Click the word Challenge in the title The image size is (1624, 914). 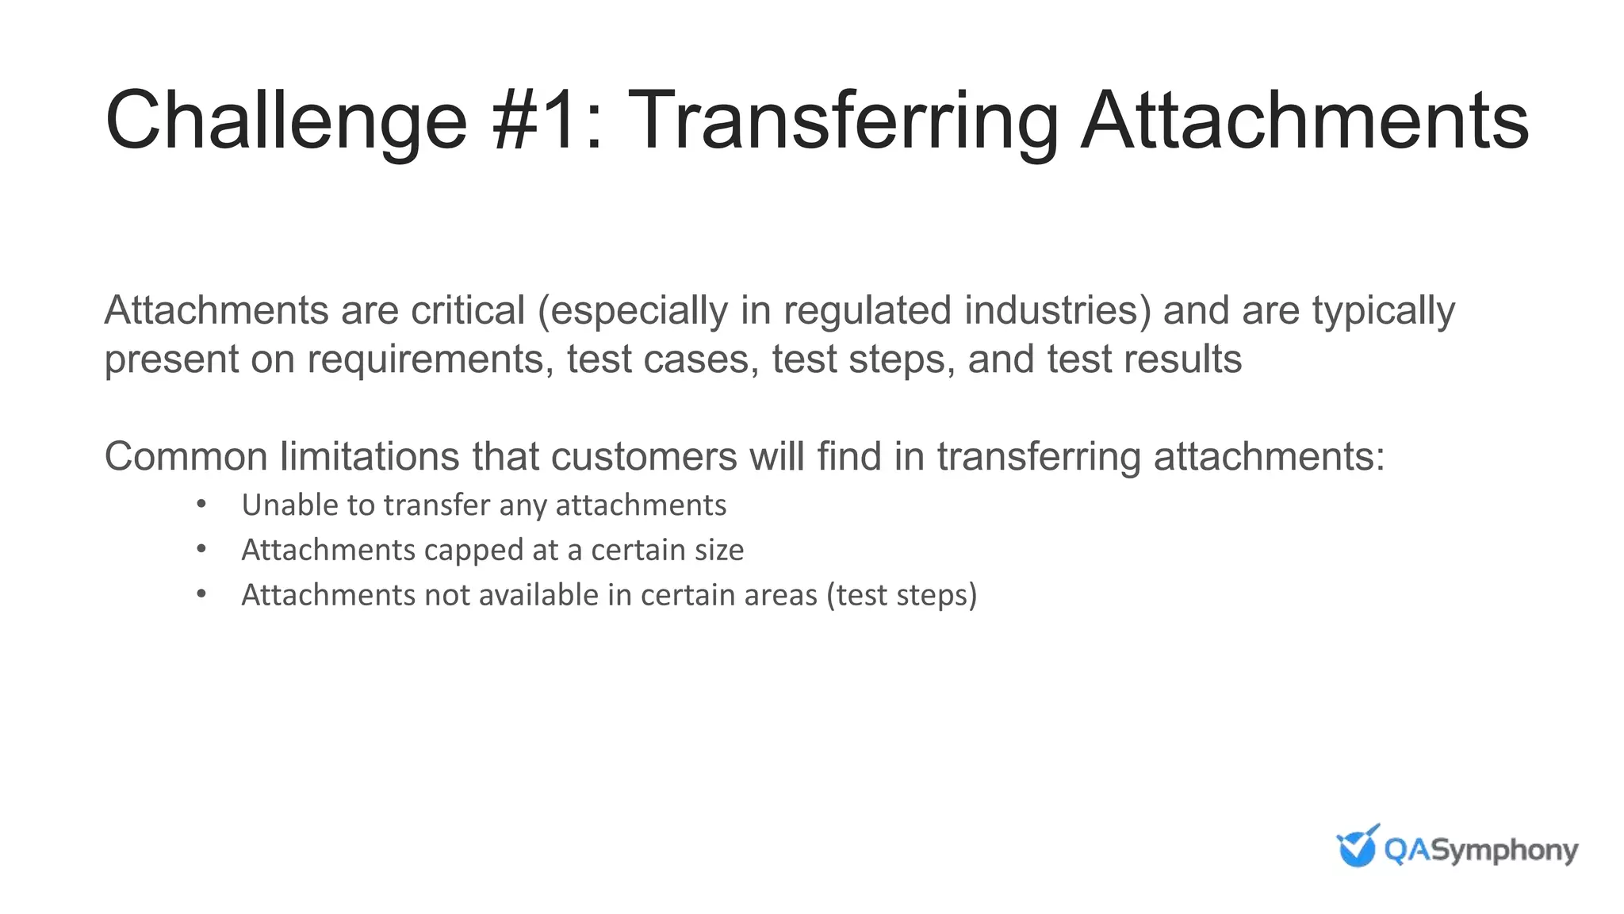pos(286,121)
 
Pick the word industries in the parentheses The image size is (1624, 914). pos(1051,310)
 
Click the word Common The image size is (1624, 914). pos(186,457)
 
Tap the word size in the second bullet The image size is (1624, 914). pos(718,551)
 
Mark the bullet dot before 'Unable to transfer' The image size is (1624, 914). pos(201,504)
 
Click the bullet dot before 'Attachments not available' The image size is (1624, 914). pos(201,594)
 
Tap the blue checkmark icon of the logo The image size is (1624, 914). pos(1357,846)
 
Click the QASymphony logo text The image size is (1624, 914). pos(1480,851)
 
